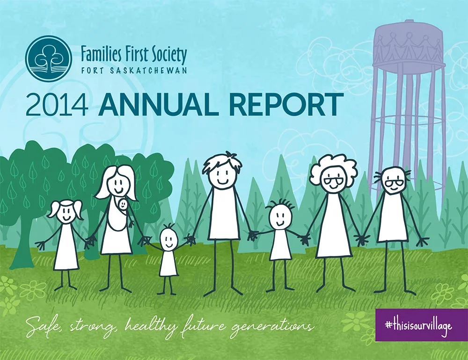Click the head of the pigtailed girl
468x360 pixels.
point(66,213)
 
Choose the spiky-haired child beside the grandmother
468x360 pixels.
point(280,231)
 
